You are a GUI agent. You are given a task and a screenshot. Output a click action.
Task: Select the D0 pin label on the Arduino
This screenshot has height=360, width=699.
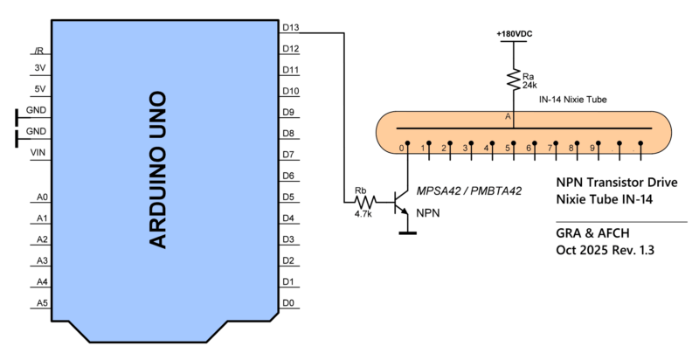coord(288,303)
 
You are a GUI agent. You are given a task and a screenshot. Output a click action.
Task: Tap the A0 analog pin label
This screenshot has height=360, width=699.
coord(42,197)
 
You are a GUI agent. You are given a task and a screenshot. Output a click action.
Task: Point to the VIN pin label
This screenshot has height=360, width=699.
coord(38,152)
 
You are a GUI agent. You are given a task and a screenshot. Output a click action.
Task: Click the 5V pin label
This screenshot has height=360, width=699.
coord(39,89)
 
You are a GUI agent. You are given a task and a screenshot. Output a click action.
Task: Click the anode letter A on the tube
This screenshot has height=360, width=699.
coord(507,116)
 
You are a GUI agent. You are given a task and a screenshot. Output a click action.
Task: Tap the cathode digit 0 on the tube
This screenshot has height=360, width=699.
coord(401,149)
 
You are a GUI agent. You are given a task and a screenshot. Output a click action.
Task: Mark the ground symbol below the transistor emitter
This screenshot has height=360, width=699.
coord(405,232)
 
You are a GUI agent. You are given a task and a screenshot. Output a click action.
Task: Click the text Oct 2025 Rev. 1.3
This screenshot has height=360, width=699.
coord(606,250)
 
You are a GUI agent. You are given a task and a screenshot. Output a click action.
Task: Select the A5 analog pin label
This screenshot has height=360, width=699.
coord(42,303)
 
